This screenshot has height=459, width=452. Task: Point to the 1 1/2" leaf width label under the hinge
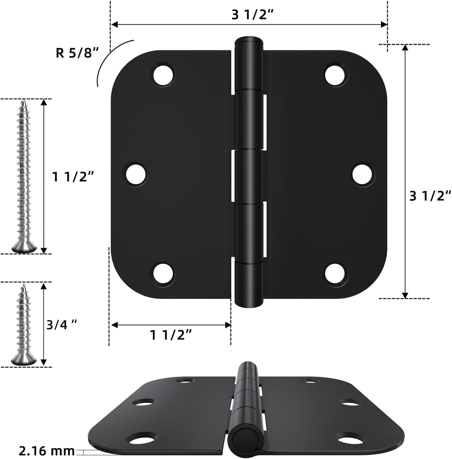click(x=170, y=335)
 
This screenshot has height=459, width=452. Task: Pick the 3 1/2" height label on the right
click(x=430, y=196)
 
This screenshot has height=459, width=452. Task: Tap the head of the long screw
click(x=24, y=248)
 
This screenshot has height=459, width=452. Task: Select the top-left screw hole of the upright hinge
click(x=163, y=75)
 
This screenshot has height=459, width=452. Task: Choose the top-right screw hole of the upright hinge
click(x=336, y=75)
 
